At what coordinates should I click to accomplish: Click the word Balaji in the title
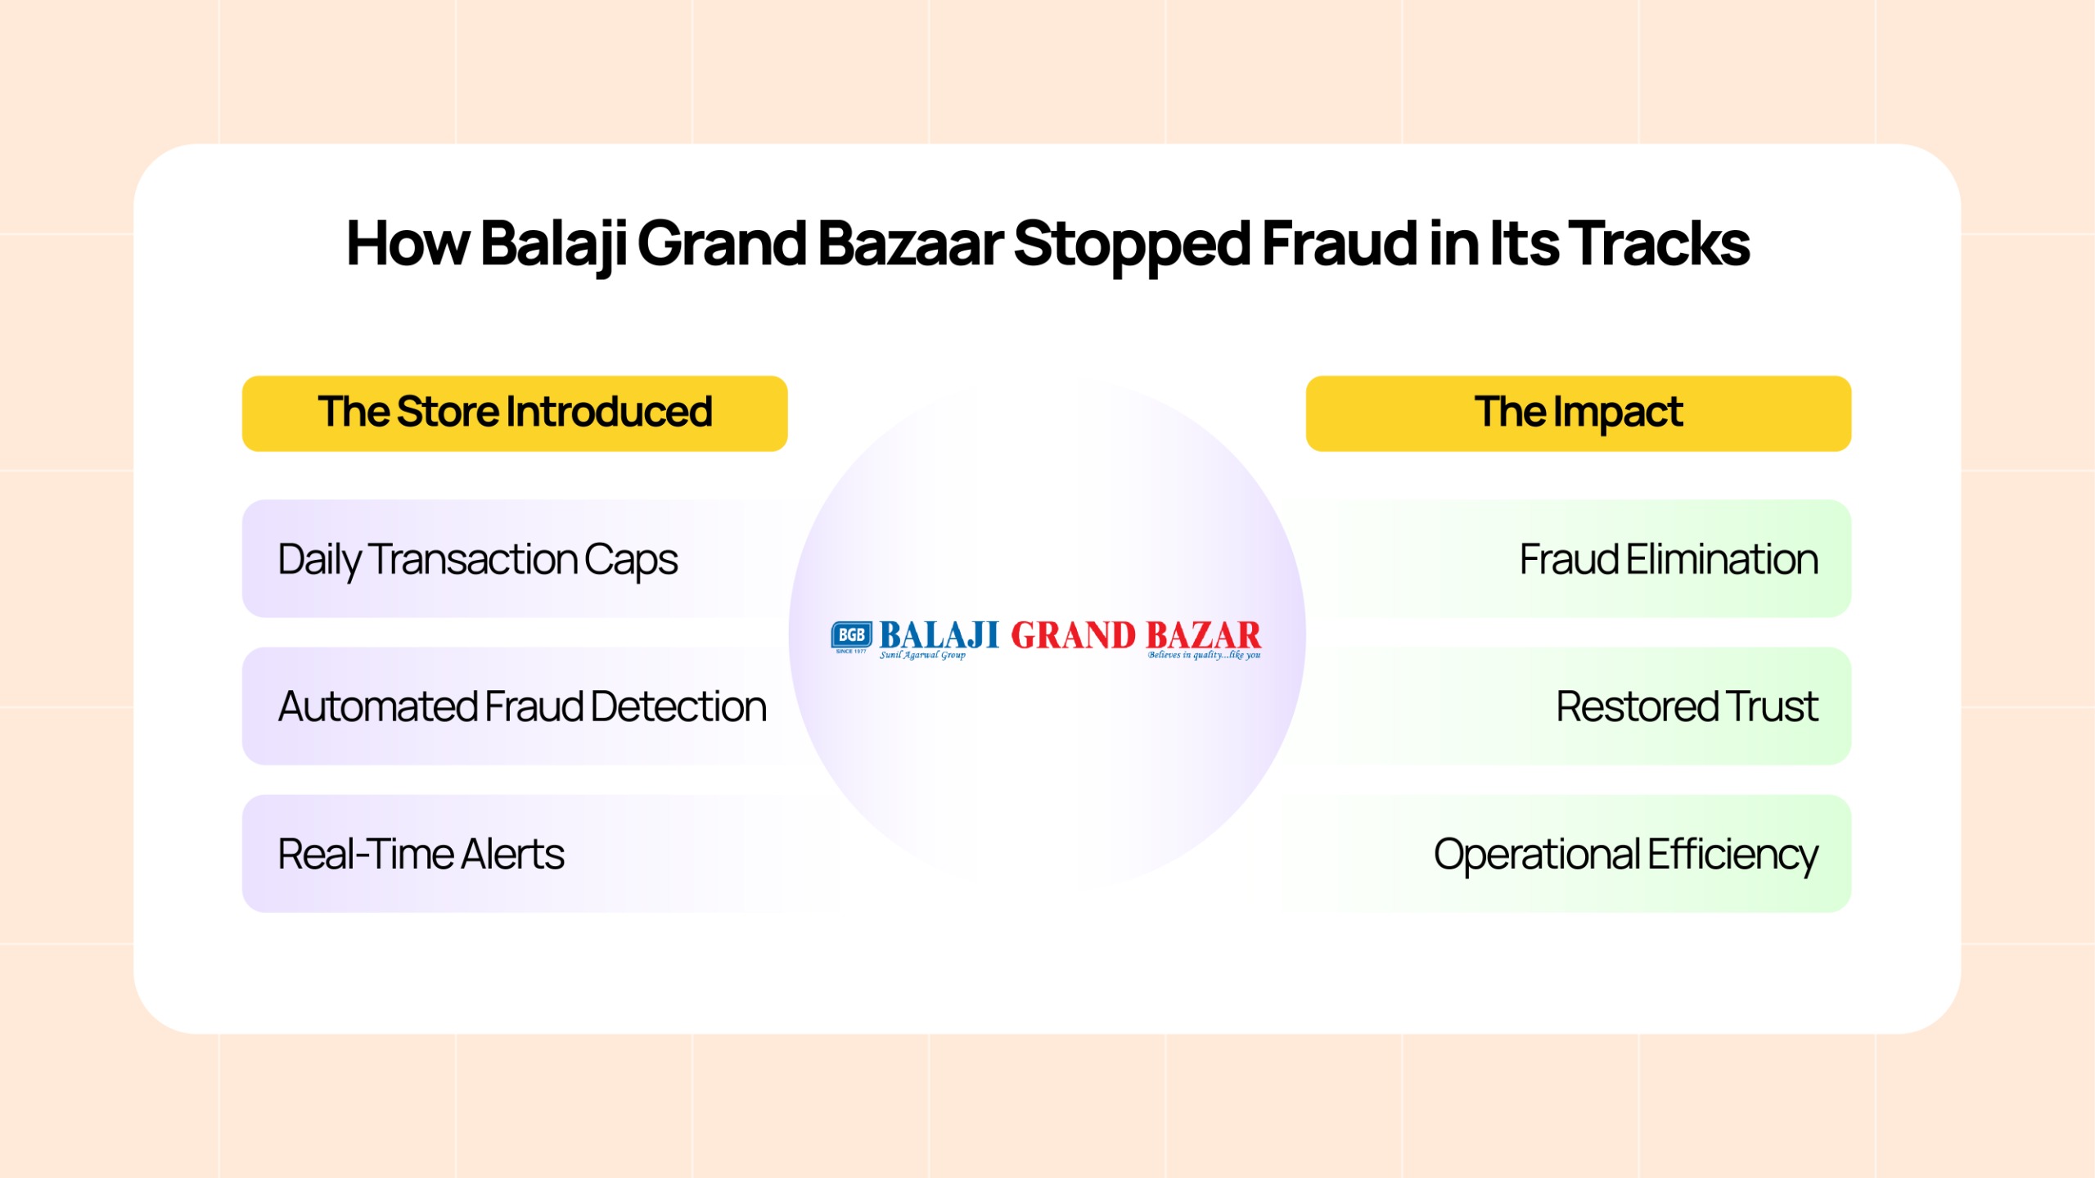[x=553, y=244]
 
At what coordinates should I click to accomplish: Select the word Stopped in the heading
[x=1132, y=244]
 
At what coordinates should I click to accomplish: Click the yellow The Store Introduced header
[x=515, y=413]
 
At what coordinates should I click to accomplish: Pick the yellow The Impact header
[x=1578, y=413]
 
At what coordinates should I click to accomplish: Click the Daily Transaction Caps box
[x=478, y=559]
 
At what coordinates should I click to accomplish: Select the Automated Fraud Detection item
[x=522, y=706]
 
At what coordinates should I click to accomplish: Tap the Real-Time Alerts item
[x=421, y=854]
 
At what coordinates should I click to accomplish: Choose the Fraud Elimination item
[x=1668, y=559]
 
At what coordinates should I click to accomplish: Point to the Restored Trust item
[x=1686, y=706]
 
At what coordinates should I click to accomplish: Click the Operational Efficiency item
[x=1625, y=854]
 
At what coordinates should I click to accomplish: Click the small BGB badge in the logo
[x=851, y=635]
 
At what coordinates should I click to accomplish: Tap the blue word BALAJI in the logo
[x=939, y=634]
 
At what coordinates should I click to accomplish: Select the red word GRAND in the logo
[x=1073, y=635]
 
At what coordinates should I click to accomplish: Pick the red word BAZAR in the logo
[x=1203, y=635]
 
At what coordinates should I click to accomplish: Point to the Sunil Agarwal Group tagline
[x=922, y=655]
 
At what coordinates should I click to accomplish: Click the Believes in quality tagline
[x=1203, y=655]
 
